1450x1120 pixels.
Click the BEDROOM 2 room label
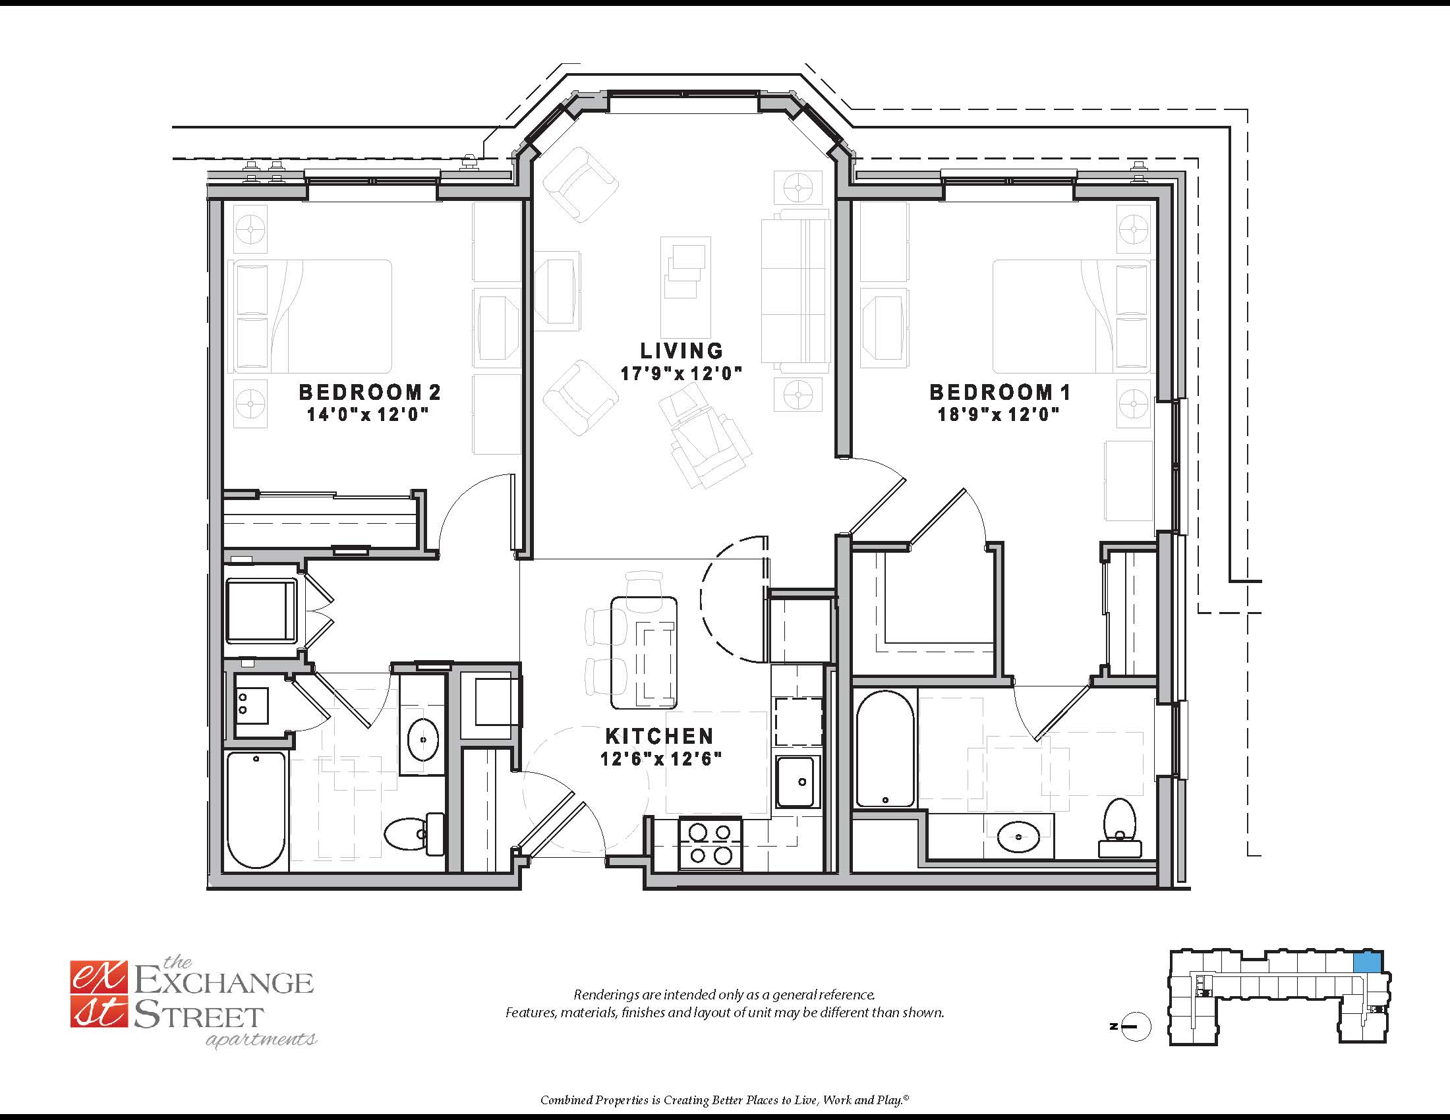(x=370, y=392)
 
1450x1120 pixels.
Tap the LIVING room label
(x=681, y=350)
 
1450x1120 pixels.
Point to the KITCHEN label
(x=659, y=736)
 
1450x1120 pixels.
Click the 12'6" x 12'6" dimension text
(x=660, y=759)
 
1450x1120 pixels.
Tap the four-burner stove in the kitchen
(x=710, y=844)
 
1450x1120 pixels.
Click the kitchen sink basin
(x=798, y=782)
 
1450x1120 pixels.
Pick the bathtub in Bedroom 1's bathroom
(x=885, y=749)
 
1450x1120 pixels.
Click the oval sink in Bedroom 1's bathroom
(x=1018, y=837)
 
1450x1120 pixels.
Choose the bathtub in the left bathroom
(x=256, y=810)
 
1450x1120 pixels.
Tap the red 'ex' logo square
(x=98, y=977)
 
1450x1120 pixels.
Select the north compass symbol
(x=1134, y=1026)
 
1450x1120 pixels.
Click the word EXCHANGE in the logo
(x=223, y=982)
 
